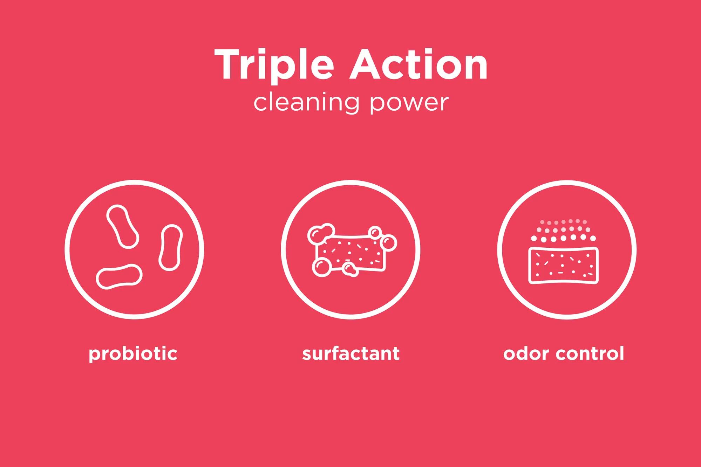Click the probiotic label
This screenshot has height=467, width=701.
point(133,354)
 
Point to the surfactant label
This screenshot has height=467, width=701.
point(350,353)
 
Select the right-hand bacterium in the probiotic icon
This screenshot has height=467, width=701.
point(171,248)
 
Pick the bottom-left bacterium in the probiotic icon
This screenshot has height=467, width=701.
point(119,277)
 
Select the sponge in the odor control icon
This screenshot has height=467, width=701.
point(563,265)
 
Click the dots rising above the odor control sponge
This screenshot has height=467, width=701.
point(563,231)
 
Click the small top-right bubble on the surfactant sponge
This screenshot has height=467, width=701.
point(375,232)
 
